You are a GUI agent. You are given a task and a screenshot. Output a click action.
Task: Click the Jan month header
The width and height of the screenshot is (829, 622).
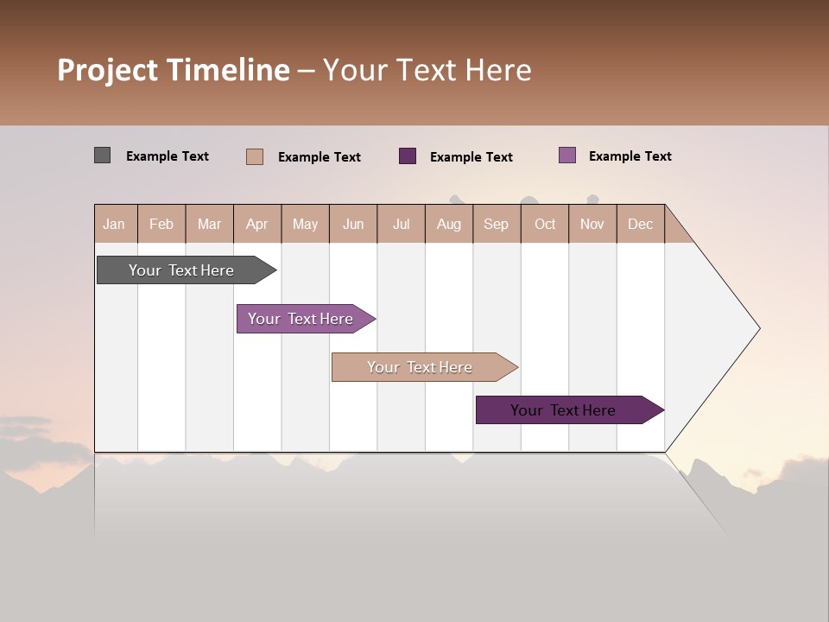click(x=114, y=224)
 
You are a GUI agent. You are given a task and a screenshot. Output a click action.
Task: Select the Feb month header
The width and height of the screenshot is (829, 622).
click(x=161, y=224)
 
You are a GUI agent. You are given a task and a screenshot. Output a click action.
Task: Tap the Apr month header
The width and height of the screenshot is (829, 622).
click(x=256, y=224)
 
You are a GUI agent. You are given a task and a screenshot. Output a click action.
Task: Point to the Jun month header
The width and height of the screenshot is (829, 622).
click(x=353, y=224)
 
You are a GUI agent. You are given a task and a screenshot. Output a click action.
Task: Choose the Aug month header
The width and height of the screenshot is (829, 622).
click(x=448, y=224)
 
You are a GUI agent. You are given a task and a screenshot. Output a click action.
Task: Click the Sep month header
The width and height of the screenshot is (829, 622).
click(x=496, y=224)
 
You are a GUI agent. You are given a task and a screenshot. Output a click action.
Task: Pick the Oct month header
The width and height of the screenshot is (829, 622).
click(x=545, y=224)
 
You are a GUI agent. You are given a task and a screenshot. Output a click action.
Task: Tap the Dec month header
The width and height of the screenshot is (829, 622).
click(x=640, y=224)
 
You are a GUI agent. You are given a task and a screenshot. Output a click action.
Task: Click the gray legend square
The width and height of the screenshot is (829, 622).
click(x=102, y=155)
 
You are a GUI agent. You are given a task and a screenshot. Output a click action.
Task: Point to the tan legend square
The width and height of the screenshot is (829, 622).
click(x=254, y=156)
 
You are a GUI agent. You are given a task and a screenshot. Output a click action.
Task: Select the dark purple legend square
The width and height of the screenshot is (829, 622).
click(x=408, y=156)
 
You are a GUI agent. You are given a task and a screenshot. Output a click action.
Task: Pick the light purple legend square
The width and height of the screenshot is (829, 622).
click(x=566, y=155)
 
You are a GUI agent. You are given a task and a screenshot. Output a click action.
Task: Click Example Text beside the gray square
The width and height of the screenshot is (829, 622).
click(x=168, y=156)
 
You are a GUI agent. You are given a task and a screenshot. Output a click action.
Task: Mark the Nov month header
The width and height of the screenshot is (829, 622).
click(x=592, y=224)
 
